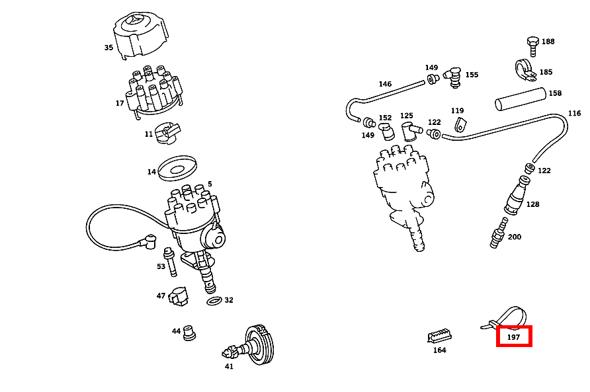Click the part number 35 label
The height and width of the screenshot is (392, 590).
108,48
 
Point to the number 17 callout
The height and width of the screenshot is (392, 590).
120,103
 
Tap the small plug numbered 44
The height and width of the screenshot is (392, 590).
190,333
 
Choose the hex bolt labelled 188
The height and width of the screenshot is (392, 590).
532,44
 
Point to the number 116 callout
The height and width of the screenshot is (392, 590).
574,114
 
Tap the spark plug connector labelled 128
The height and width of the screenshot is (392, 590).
516,198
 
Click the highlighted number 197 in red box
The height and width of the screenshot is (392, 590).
514,337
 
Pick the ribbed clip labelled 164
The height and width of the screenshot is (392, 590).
439,335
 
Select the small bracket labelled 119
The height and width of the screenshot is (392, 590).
461,124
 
